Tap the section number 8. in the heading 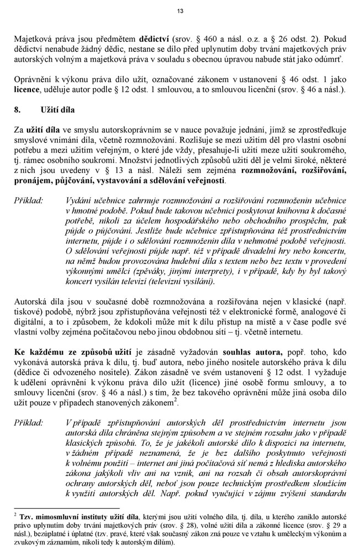(x=18, y=110)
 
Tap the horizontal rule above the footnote (x=66, y=508)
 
